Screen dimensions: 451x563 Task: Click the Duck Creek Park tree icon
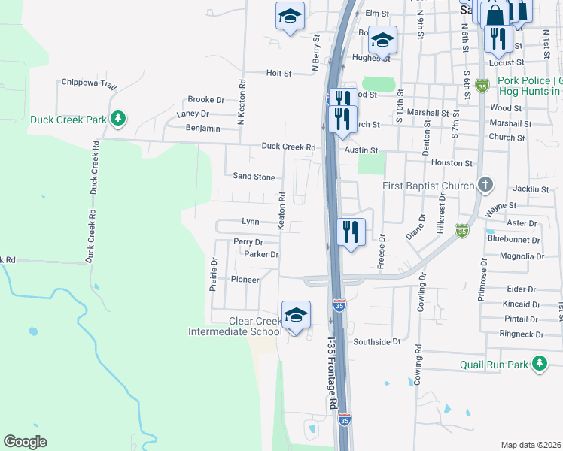(117, 119)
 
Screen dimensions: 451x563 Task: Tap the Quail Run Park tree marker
(539, 365)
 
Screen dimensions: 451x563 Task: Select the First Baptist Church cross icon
(486, 185)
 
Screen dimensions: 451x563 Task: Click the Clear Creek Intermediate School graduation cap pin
(296, 315)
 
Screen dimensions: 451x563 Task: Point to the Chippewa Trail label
(89, 82)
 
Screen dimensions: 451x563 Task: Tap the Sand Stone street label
(254, 177)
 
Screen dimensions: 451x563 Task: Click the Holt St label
(278, 73)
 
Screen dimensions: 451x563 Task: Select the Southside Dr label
(377, 341)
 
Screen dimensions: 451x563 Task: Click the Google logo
(25, 441)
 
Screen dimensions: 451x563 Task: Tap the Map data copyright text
(530, 445)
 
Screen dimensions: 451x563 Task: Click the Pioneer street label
(245, 280)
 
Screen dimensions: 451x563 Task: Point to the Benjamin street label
(203, 129)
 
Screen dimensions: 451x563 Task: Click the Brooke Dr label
(205, 99)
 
